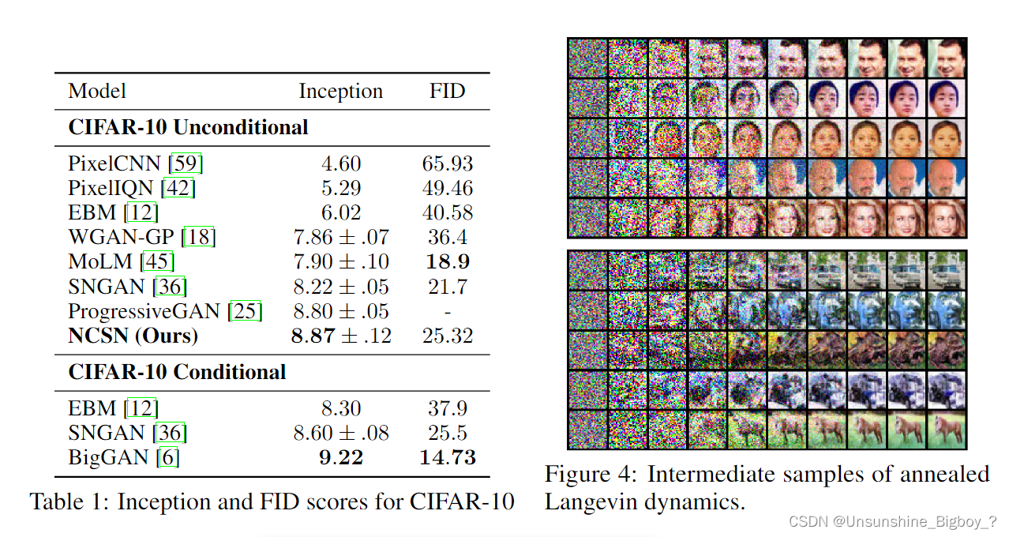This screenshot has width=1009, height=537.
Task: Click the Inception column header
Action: [340, 92]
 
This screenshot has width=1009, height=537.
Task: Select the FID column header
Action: [447, 92]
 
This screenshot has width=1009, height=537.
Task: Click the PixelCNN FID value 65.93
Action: [447, 164]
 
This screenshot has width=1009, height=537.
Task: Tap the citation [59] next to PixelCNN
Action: [187, 164]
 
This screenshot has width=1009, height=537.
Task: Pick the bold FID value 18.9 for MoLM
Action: [447, 262]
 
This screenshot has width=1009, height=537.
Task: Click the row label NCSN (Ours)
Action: [133, 336]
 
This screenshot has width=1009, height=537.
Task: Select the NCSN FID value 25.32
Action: [447, 336]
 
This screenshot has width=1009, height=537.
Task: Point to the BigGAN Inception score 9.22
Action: [340, 457]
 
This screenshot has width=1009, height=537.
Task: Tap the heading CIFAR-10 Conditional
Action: [177, 372]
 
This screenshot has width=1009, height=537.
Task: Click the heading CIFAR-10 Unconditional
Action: [188, 127]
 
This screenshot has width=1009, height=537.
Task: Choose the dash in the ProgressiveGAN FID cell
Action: [447, 311]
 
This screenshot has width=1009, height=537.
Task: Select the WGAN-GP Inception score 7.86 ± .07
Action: [340, 238]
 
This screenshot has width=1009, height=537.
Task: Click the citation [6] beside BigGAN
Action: [167, 457]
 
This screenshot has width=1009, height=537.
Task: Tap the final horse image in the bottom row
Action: [947, 430]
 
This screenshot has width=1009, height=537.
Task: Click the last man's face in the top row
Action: [947, 58]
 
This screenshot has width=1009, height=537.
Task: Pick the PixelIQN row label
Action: [111, 189]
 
